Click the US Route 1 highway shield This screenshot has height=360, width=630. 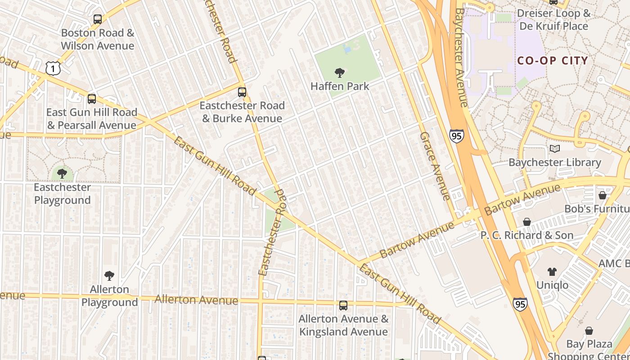[x=53, y=68]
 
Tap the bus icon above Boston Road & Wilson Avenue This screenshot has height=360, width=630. [x=98, y=19]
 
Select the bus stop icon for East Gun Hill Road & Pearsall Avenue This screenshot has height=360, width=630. [x=92, y=99]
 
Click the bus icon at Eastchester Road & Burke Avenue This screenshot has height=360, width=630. [x=242, y=92]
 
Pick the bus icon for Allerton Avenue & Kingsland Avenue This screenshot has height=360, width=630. [x=343, y=306]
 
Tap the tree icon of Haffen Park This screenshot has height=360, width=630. [x=340, y=72]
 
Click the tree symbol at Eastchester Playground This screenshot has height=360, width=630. [x=62, y=173]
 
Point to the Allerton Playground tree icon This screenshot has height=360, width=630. [x=109, y=275]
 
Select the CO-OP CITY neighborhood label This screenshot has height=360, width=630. [x=553, y=61]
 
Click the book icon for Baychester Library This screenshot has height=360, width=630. [x=555, y=148]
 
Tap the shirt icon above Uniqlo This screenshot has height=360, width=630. [x=552, y=271]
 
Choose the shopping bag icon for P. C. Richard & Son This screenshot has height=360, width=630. [x=527, y=222]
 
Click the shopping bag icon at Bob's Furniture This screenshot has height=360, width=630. [x=603, y=195]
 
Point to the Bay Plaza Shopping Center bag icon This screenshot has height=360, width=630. [x=589, y=331]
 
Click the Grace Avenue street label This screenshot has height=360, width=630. [x=435, y=166]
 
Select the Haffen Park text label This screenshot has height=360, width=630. [x=340, y=86]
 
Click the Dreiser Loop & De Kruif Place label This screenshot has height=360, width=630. [x=553, y=19]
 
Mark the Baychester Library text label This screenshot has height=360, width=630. [x=555, y=162]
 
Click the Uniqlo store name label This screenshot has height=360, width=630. [x=552, y=285]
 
